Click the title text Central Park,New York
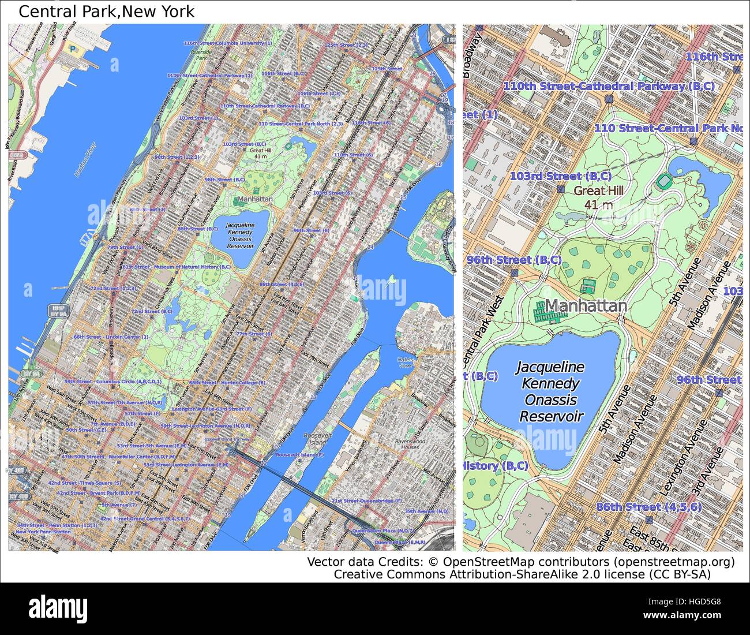click(107, 11)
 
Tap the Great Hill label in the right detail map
click(598, 191)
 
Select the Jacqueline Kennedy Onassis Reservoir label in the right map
click(550, 391)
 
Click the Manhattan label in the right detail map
click(586, 306)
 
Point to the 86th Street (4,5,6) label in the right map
click(648, 507)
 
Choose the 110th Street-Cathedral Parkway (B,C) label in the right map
click(609, 86)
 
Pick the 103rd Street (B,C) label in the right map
click(560, 176)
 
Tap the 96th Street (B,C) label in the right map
click(514, 260)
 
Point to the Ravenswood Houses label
click(411, 444)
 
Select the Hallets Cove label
click(406, 362)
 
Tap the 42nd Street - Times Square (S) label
click(84, 483)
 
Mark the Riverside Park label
click(201, 55)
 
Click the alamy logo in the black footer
click(58, 608)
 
